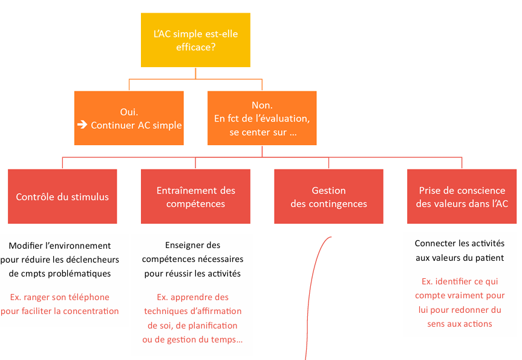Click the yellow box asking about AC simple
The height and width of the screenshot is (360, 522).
tap(195, 40)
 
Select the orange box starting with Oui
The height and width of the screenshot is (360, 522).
tap(129, 118)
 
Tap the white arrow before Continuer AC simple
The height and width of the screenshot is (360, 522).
tap(82, 125)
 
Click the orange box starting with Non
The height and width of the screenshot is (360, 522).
tap(262, 118)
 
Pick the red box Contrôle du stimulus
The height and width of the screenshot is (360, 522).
tap(62, 196)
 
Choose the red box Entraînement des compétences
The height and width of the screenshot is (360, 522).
tap(195, 196)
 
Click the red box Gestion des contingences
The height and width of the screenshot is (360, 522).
tap(328, 196)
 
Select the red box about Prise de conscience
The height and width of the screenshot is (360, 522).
tap(462, 196)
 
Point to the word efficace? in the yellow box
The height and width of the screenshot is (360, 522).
tap(196, 47)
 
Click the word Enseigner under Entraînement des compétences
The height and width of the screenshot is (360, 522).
tap(182, 246)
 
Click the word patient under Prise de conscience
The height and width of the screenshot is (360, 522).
tap(489, 258)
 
